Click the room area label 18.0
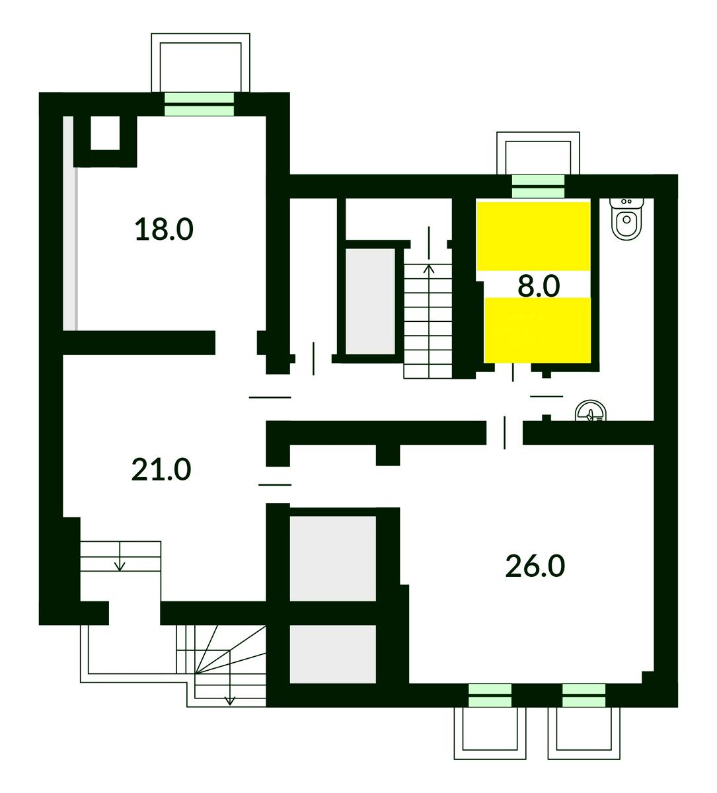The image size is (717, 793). [164, 230]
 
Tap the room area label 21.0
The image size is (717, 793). [161, 470]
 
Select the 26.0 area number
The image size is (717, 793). [535, 566]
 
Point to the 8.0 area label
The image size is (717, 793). [539, 286]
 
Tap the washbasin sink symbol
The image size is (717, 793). [590, 411]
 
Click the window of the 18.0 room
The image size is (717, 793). [199, 104]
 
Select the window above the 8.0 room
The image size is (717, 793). [538, 186]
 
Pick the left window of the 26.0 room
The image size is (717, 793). [490, 695]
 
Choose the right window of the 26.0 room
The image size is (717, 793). [584, 695]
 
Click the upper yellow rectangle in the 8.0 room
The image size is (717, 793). [533, 236]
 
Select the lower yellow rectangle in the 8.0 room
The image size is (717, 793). [537, 330]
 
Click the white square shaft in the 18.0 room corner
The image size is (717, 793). [105, 133]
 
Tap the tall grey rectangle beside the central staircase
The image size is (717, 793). [370, 301]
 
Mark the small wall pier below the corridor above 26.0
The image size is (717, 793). [387, 455]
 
